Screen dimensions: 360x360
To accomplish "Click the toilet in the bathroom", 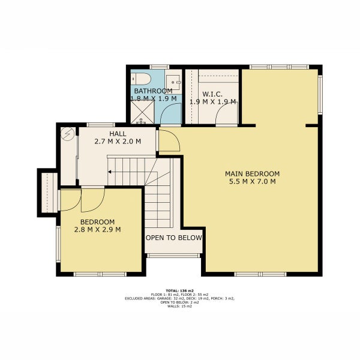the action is pos(141,79).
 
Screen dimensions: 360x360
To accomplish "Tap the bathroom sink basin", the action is pos(173,82).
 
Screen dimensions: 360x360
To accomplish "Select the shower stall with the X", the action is pos(142,112).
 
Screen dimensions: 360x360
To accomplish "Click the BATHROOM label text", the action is pos(153,91).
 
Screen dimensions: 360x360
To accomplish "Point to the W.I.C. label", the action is pos(212,94).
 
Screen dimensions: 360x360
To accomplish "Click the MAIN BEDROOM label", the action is pos(253,174).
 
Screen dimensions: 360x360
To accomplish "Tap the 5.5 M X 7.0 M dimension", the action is pos(253,182).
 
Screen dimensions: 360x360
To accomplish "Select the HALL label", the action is pos(118,134).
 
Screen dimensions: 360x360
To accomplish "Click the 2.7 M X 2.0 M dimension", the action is pos(118,142).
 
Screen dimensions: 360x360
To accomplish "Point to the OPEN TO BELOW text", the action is pos(174,238).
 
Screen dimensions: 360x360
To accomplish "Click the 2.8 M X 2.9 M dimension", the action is pos(98,230).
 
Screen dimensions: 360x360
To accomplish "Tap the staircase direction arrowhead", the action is pos(110,172).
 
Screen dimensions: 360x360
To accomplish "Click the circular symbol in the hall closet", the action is pos(68,133).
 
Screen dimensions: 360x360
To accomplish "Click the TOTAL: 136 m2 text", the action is pos(180,290).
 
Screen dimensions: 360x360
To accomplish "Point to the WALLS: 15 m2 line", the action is pos(180,306).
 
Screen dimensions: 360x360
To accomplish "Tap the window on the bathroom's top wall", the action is pos(160,67).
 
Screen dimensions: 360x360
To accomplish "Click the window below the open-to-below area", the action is pos(173,256).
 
